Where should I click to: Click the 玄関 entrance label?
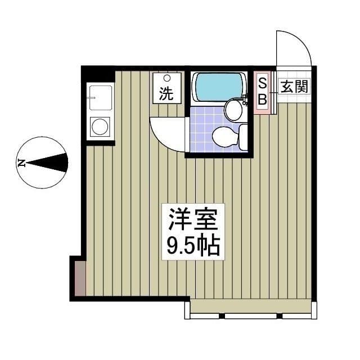[294, 86]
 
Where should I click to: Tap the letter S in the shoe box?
[263, 84]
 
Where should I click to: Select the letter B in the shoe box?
[263, 99]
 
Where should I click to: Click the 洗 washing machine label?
[166, 94]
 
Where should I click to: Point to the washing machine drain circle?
[167, 78]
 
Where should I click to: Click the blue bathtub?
[219, 87]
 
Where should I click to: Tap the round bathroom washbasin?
[234, 110]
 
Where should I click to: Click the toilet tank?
[243, 136]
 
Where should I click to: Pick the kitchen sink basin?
[101, 98]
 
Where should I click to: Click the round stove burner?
[100, 126]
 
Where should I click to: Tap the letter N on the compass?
[21, 163]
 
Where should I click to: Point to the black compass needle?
[47, 163]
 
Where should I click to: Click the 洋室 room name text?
[193, 220]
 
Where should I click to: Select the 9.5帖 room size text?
[193, 246]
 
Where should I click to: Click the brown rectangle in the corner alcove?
[80, 278]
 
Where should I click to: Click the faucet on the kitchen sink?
[91, 98]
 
